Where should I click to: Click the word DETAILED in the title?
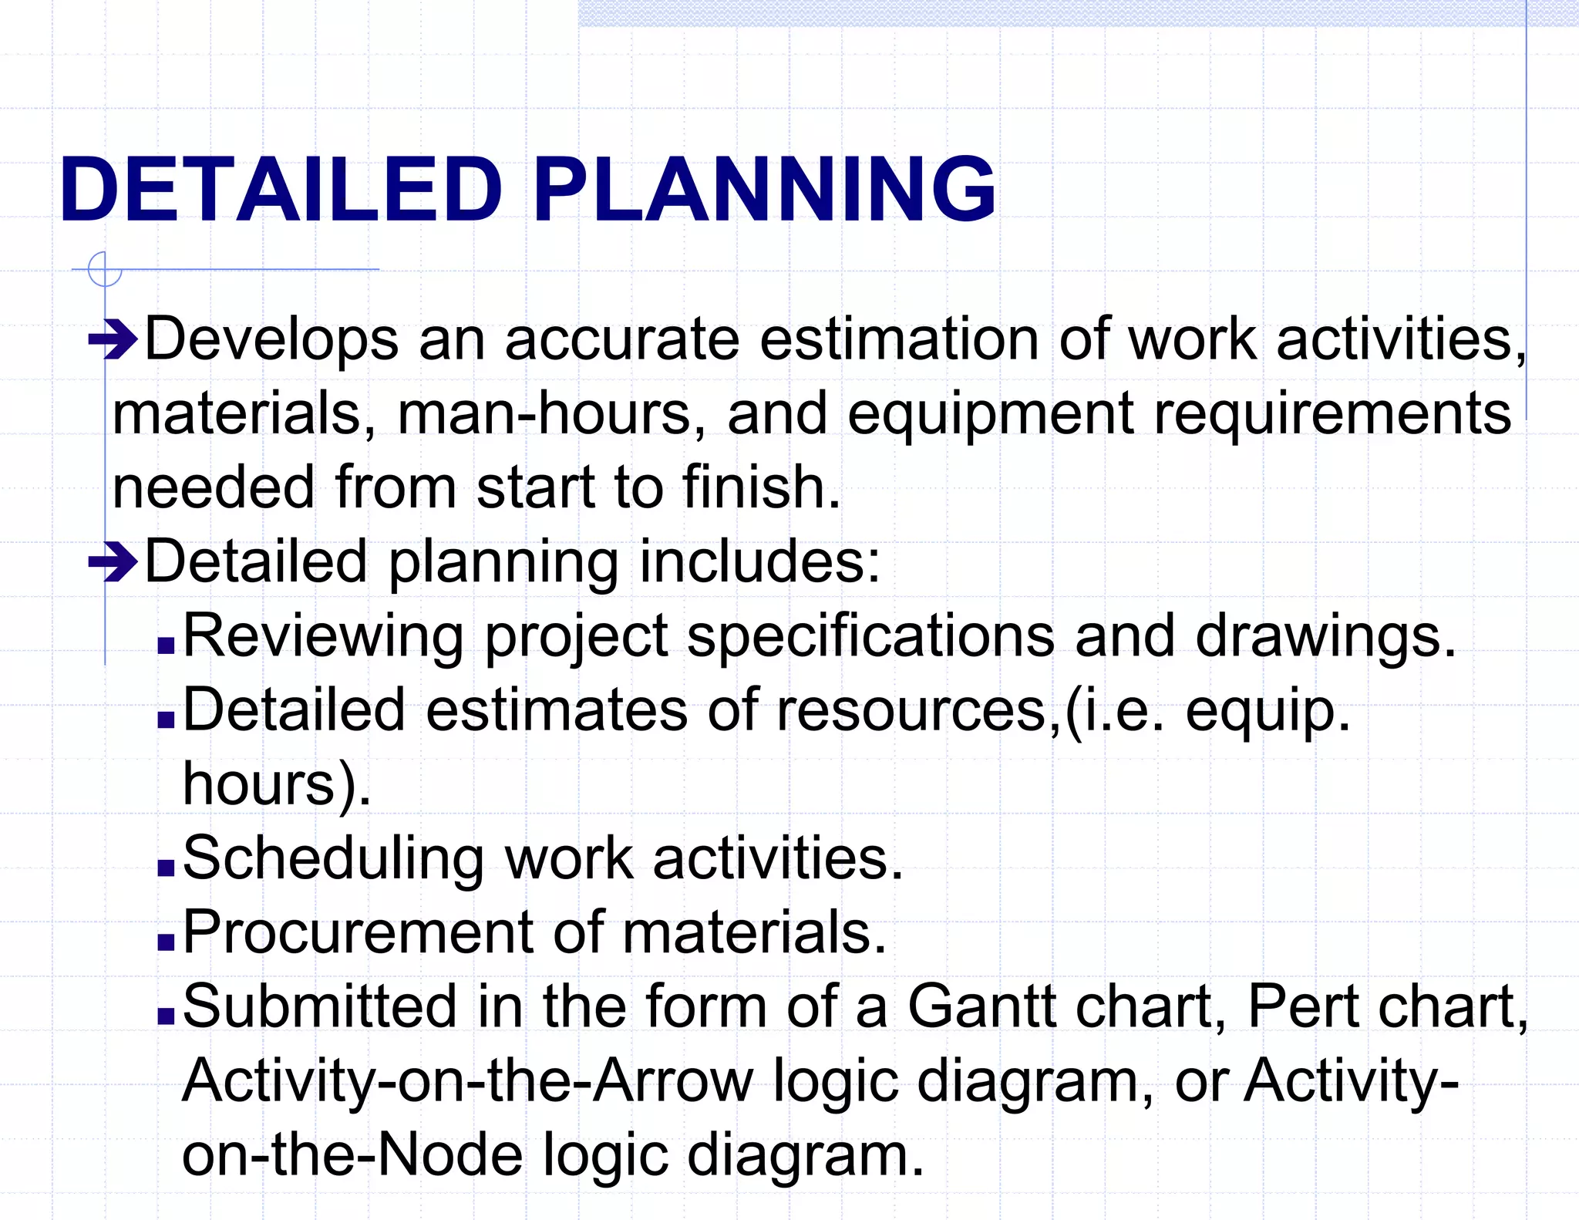[x=281, y=190]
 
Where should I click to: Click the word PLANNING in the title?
[x=763, y=190]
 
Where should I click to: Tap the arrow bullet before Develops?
[x=113, y=339]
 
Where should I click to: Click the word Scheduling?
[x=334, y=859]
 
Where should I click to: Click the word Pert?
[x=1303, y=1006]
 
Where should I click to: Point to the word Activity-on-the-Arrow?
[x=467, y=1081]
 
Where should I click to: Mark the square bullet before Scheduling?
[x=166, y=868]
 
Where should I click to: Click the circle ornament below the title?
[x=105, y=270]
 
